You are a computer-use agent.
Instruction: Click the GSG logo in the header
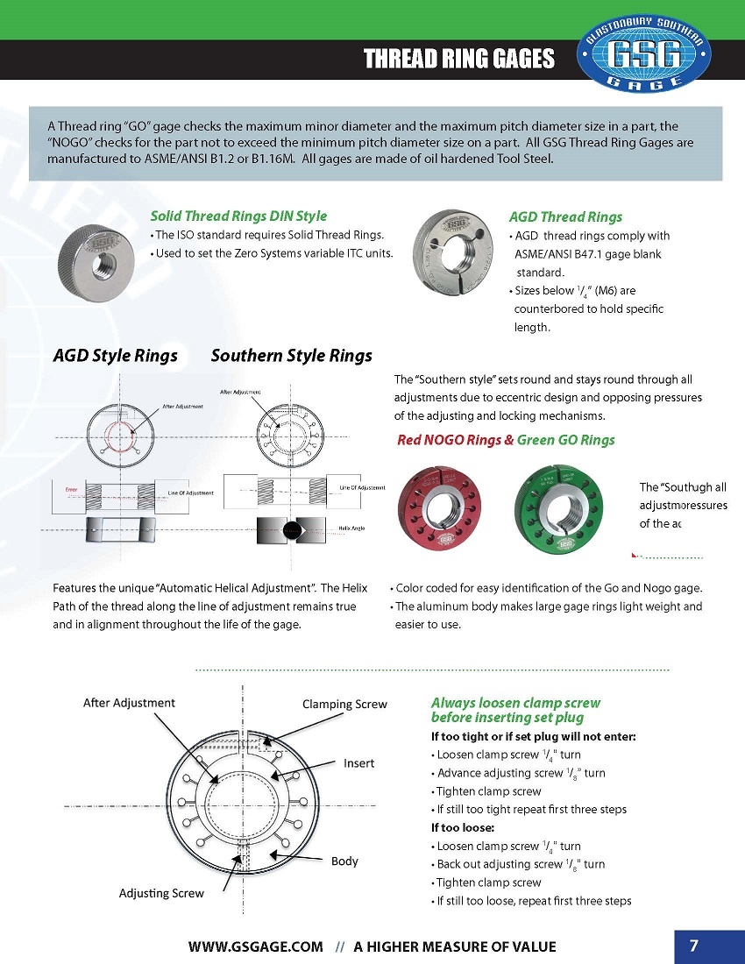pos(645,54)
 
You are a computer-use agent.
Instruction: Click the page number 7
pos(693,946)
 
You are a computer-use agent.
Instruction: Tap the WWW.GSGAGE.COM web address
pos(256,946)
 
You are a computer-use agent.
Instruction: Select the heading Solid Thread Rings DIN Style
pos(238,216)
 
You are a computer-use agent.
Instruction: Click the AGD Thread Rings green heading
pos(565,216)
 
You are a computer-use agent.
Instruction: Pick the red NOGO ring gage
pos(439,510)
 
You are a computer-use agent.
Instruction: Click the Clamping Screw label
pos(344,704)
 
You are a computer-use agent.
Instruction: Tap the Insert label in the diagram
pos(358,763)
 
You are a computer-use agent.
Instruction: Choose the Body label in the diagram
pos(344,861)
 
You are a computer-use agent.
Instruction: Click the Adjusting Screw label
pos(161,893)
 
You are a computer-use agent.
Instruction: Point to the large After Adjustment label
pos(129,702)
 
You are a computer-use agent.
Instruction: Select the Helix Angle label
pos(351,528)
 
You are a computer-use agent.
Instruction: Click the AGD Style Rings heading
pos(115,356)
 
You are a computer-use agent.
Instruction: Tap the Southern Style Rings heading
pos(291,356)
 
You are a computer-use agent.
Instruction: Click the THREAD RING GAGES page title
pos(459,59)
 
